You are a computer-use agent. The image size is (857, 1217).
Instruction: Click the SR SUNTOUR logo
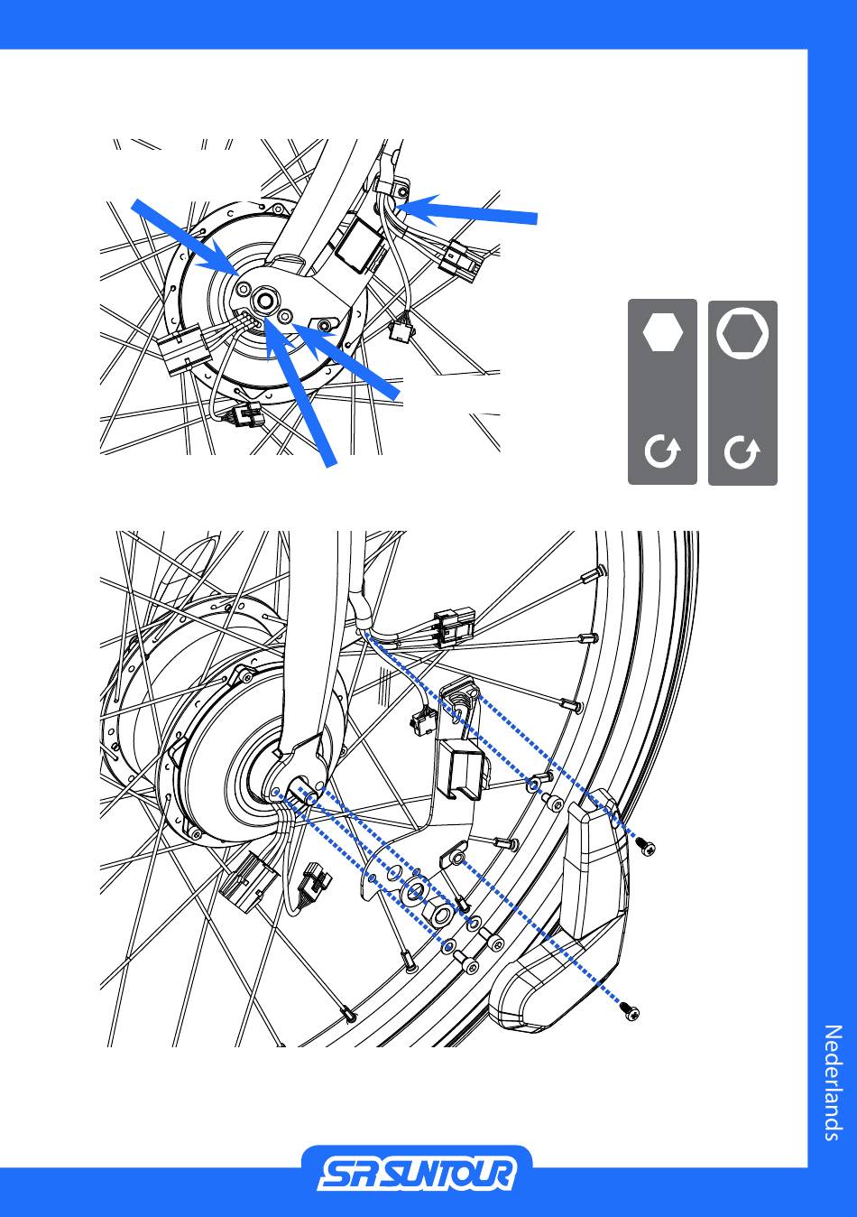click(417, 1175)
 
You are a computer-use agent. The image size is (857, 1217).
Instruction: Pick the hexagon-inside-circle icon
click(742, 333)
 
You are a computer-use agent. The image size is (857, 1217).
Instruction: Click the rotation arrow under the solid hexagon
click(662, 452)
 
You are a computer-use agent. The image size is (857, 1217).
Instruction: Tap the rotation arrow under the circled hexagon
click(742, 452)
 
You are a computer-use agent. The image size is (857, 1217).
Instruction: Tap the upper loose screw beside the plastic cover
click(645, 847)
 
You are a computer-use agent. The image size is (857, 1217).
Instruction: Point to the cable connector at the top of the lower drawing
click(453, 629)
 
